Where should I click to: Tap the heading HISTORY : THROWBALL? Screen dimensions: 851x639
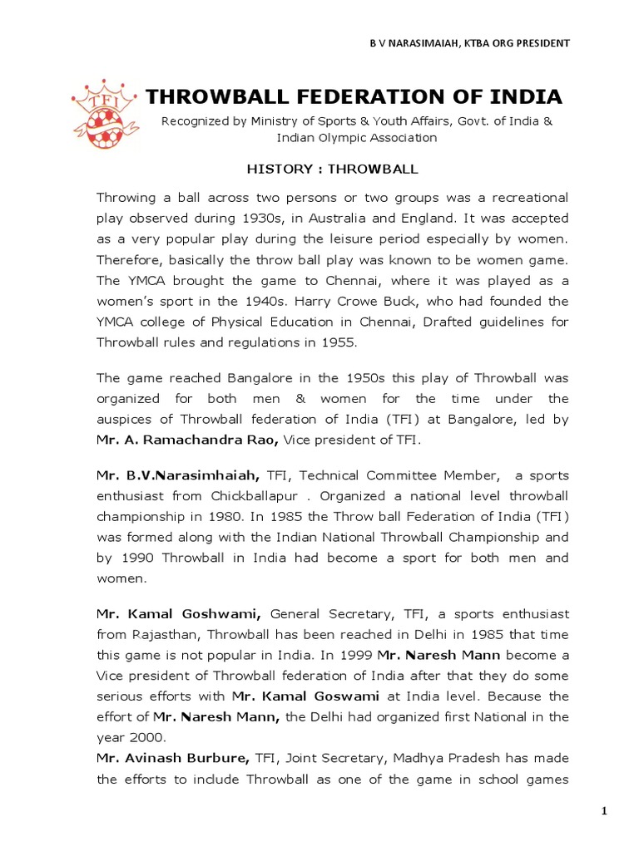(x=332, y=169)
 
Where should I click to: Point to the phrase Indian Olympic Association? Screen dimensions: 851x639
(x=357, y=138)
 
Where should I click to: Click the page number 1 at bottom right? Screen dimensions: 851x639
(x=607, y=810)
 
